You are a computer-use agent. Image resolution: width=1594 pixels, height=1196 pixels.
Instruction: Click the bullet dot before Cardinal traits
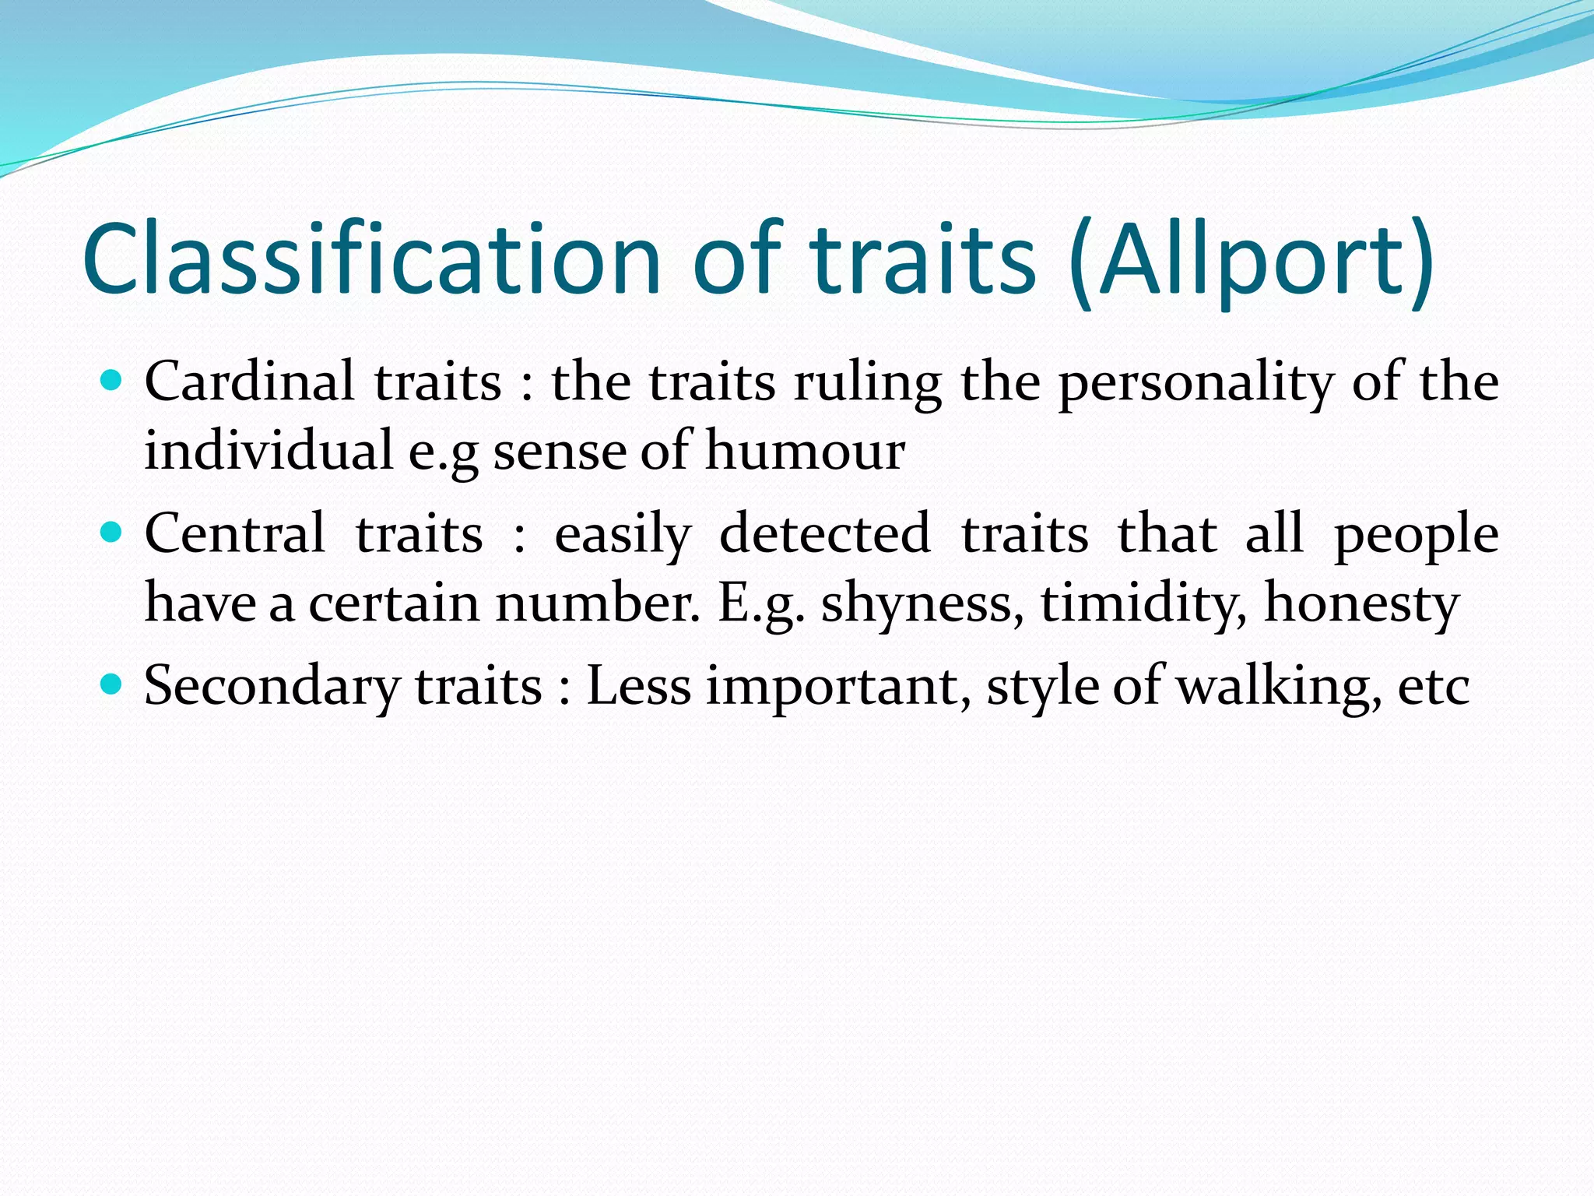[x=113, y=381]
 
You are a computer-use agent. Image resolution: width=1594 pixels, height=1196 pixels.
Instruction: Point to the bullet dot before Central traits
[x=113, y=533]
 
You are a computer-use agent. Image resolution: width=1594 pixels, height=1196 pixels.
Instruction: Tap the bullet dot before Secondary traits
[x=113, y=684]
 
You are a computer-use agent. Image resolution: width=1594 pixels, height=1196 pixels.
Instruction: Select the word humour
[x=805, y=451]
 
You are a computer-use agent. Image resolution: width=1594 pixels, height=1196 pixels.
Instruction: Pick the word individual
[x=269, y=451]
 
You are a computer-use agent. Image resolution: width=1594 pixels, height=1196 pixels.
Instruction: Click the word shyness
[x=922, y=604]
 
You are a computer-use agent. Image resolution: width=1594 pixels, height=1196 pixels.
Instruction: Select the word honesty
[x=1361, y=604]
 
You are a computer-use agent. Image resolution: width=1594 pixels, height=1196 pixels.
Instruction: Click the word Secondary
[x=272, y=688]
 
